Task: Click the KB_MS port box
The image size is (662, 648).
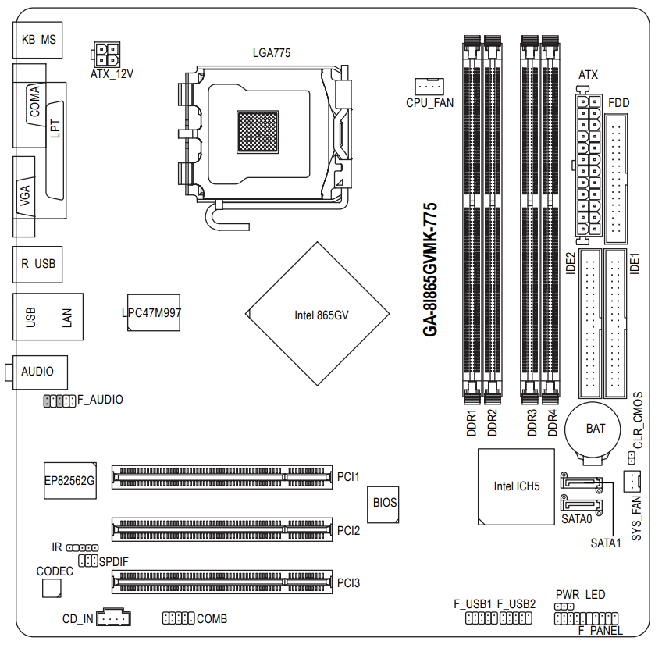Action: pos(38,40)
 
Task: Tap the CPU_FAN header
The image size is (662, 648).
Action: pos(428,86)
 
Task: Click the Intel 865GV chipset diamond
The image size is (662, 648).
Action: pos(320,315)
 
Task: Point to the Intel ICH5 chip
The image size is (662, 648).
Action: pos(516,486)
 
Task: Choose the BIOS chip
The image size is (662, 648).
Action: pos(385,503)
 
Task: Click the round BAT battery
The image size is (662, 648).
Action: pos(595,429)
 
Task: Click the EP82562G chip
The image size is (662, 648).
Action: pos(69,482)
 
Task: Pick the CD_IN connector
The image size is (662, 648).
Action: pos(115,618)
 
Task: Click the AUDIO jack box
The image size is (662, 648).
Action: pos(38,372)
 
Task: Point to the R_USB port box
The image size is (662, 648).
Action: pos(38,264)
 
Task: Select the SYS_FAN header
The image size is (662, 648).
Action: pos(632,480)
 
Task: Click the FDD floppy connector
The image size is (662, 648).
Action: pos(615,178)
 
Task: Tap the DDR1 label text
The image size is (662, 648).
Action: pos(472,422)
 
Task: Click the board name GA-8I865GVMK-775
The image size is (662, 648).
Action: pos(429,270)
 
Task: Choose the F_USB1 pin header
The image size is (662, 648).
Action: pos(481,618)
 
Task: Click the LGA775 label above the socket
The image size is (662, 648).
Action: pos(272,53)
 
